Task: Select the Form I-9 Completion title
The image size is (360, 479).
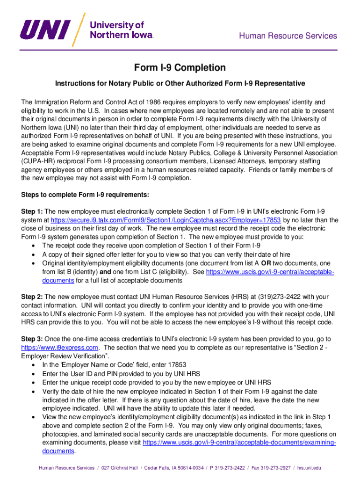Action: tap(180, 68)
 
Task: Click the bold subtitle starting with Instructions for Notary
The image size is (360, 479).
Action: tap(180, 83)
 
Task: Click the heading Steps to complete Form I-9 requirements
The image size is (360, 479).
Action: tap(85, 195)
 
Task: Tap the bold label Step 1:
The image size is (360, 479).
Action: tap(32, 210)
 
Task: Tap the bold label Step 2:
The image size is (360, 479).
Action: tap(32, 297)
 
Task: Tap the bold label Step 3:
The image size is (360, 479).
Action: tap(32, 339)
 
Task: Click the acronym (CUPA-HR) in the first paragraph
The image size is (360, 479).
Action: tap(41, 161)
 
